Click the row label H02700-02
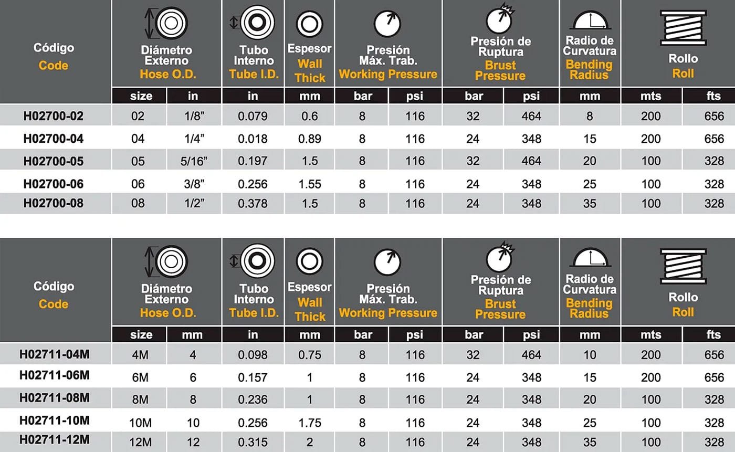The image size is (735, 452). [53, 116]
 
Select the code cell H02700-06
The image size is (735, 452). [53, 184]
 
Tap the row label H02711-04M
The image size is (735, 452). [54, 355]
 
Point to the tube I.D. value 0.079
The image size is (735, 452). [253, 116]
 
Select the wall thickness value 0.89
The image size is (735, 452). [309, 139]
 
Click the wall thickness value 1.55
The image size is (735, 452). [309, 184]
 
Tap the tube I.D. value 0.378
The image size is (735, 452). [253, 203]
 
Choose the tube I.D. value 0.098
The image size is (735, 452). [253, 355]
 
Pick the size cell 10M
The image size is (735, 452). [138, 422]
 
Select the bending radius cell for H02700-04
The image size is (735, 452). [590, 139]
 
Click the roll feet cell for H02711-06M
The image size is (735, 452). [714, 377]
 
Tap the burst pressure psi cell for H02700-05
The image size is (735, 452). [531, 161]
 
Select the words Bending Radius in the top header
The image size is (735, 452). [589, 69]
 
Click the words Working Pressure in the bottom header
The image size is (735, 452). [388, 313]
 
